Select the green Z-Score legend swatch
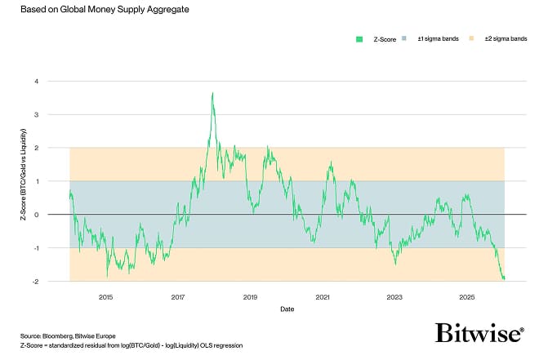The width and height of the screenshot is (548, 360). [359, 38]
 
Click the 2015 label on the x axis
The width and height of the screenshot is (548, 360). [105, 296]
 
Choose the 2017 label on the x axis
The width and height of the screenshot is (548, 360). [178, 296]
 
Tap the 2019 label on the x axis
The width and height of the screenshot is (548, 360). [250, 296]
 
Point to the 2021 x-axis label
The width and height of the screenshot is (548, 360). [323, 296]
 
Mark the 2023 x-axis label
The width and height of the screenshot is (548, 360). [394, 296]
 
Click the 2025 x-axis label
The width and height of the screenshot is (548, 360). [467, 296]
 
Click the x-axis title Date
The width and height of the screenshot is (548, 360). [287, 309]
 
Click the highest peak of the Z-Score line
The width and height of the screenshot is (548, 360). [212, 93]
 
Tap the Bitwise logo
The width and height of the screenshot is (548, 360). [479, 334]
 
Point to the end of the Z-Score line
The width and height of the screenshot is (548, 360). [504, 279]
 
